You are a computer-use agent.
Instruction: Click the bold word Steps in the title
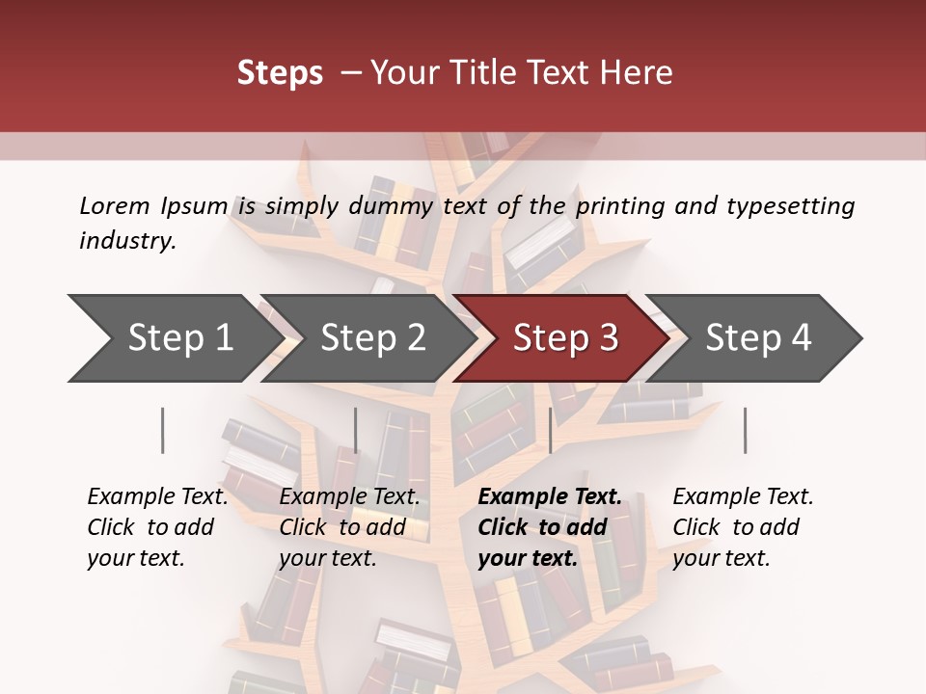pos(280,73)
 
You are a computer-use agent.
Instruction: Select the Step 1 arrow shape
pos(174,338)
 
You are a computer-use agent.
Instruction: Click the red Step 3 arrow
pos(559,338)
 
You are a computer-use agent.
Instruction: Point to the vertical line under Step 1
pos(163,430)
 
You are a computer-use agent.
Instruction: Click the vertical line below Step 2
pos(356,430)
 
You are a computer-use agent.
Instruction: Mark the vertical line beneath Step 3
pos(550,430)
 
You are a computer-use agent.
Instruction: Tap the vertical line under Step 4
pos(745,430)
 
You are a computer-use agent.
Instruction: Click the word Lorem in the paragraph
pos(115,206)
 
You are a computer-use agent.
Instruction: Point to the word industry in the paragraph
pos(127,241)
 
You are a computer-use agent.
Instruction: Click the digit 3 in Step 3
pos(608,338)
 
